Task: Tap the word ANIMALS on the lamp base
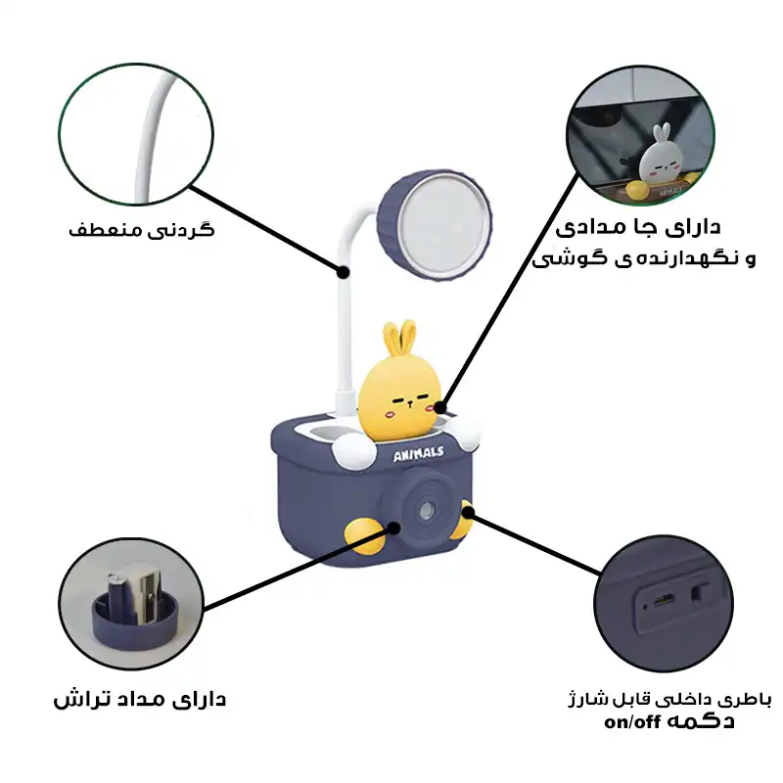pyautogui.click(x=419, y=453)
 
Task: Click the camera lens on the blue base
pyautogui.click(x=427, y=511)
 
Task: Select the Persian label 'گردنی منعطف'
pyautogui.click(x=143, y=231)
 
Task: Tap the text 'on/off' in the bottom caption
pyautogui.click(x=633, y=722)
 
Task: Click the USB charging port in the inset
pyautogui.click(x=663, y=598)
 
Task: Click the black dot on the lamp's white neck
pyautogui.click(x=344, y=270)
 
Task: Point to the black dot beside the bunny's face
pyautogui.click(x=442, y=407)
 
